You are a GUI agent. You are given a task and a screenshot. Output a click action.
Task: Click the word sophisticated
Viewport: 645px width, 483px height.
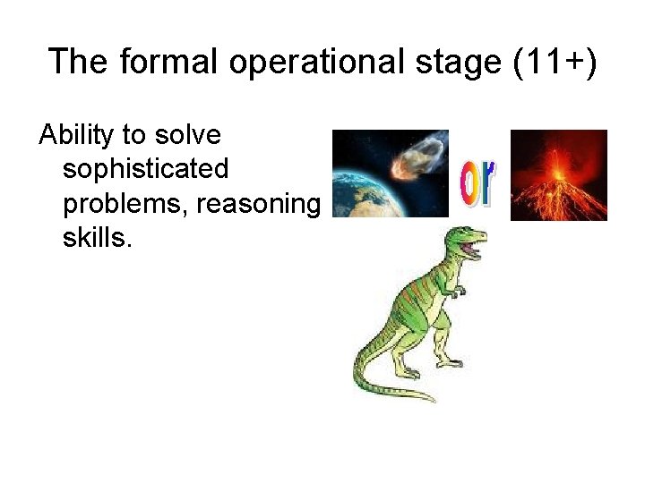coord(146,170)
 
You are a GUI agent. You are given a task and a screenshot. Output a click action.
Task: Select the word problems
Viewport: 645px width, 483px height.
coord(123,204)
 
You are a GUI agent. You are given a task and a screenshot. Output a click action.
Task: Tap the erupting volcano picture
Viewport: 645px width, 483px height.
coord(558,175)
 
